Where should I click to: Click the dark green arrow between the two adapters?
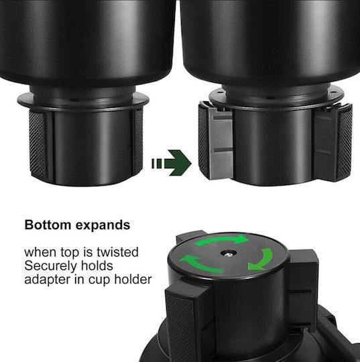click(x=172, y=163)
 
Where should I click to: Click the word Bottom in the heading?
click(x=48, y=225)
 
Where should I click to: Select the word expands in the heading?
click(x=103, y=226)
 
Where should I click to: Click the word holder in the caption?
click(x=133, y=279)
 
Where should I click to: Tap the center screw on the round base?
click(x=228, y=253)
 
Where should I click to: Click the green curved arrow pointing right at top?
click(x=221, y=239)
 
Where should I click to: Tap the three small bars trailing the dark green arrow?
click(x=157, y=164)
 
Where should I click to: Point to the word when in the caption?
click(x=40, y=252)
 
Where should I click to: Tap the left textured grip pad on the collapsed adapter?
click(x=38, y=144)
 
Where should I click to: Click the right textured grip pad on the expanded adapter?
click(x=344, y=142)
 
